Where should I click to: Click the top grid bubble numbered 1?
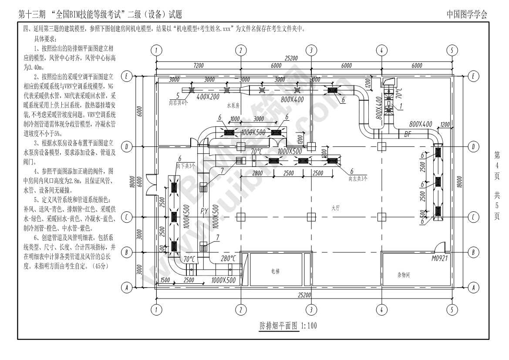[x=155, y=50]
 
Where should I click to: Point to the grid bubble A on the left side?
[x=127, y=288]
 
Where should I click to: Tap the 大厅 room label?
[x=335, y=208]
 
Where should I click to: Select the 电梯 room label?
[x=275, y=271]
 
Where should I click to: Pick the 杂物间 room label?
[x=405, y=275]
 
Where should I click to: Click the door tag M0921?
[x=439, y=258]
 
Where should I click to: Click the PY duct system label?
[x=205, y=211]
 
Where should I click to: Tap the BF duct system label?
[x=408, y=133]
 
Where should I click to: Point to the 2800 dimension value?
[x=257, y=173]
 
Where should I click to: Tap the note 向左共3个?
[x=358, y=178]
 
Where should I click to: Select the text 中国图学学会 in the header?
[x=467, y=14]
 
